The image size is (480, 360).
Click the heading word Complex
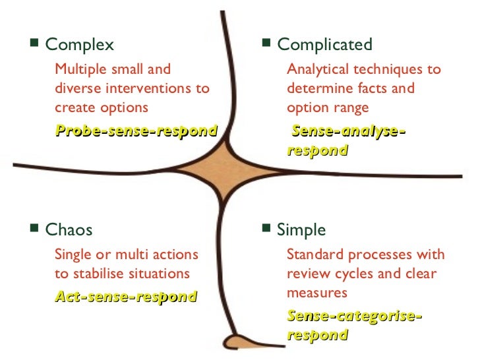point(79,45)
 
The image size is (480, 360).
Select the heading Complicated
point(324,45)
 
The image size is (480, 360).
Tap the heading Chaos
point(69,230)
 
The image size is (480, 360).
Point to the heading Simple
point(301,230)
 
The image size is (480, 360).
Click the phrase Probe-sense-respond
point(136,131)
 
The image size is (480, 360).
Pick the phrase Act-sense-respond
point(126,297)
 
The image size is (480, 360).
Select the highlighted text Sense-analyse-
point(348,131)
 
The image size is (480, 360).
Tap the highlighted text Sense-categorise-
point(355,316)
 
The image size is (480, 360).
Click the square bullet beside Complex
point(35,44)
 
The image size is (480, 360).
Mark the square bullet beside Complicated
point(266,44)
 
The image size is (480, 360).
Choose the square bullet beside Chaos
point(35,229)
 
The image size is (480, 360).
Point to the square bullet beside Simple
point(266,229)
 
